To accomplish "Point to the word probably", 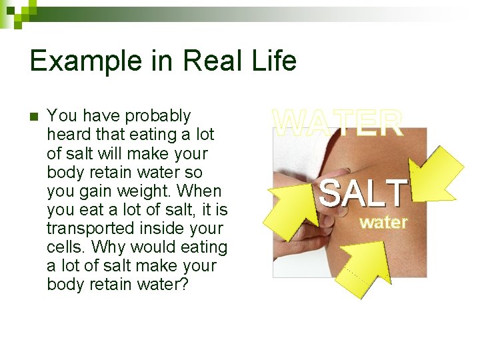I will pyautogui.click(x=158, y=116).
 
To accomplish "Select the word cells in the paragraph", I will pyautogui.click(x=65, y=247).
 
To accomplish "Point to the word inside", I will pyautogui.click(x=153, y=228).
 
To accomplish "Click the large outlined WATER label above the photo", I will pyautogui.click(x=339, y=123).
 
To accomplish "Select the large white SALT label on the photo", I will pyautogui.click(x=363, y=193).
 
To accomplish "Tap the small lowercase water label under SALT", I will pyautogui.click(x=383, y=223).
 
